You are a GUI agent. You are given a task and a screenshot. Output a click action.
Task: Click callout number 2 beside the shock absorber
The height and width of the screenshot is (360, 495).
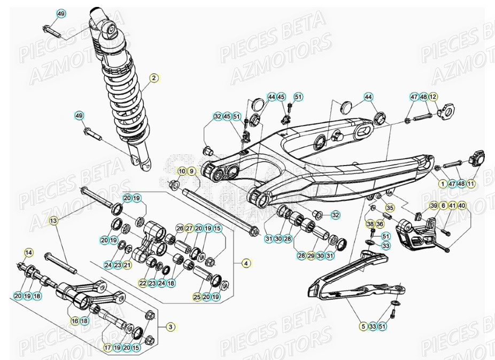click(153, 78)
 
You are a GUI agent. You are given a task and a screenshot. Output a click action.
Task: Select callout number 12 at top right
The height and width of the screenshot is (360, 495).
click(433, 97)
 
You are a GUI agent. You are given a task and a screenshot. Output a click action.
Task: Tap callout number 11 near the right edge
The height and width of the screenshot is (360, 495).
click(470, 183)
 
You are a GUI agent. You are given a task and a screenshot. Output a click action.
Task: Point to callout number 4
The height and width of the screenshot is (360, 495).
click(245, 263)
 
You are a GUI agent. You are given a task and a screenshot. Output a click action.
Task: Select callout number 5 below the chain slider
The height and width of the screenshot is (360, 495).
click(363, 326)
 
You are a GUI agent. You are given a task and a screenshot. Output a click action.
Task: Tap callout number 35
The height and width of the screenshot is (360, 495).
click(390, 207)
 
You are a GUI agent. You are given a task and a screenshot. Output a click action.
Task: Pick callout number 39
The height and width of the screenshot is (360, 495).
click(434, 206)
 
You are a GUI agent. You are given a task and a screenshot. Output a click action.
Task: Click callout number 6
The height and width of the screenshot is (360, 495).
click(443, 206)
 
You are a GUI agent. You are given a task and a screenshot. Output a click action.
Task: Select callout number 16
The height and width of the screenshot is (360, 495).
click(75, 321)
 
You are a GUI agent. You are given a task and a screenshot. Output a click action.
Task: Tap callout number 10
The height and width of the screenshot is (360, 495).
click(182, 171)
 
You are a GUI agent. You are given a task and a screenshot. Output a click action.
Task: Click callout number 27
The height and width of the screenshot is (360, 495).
click(189, 229)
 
